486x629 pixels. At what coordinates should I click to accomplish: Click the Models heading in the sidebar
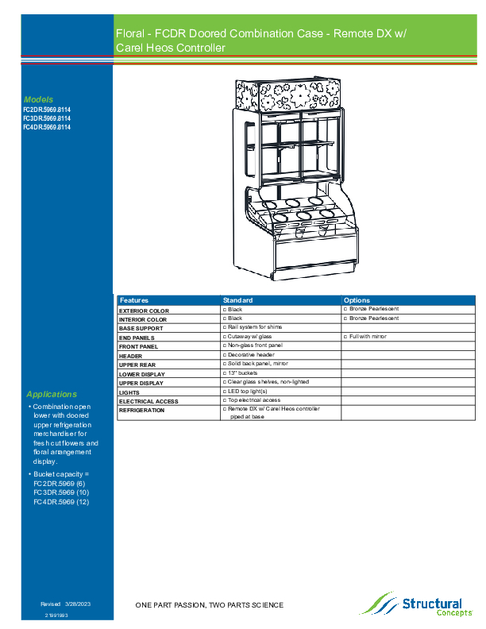click(x=38, y=99)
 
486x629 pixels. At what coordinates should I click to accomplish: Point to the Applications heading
click(x=52, y=394)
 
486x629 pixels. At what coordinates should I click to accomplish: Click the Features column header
click(x=134, y=300)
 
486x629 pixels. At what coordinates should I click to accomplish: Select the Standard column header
click(x=238, y=300)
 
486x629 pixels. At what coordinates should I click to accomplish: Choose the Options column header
click(x=357, y=300)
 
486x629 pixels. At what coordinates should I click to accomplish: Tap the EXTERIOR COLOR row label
click(x=144, y=311)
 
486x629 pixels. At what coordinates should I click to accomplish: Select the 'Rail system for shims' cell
click(x=254, y=327)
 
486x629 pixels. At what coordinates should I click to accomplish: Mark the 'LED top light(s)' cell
click(x=247, y=391)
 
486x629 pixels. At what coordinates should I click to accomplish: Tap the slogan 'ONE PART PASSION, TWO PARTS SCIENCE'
click(x=209, y=605)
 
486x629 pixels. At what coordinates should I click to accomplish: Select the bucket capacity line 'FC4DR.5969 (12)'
click(x=61, y=502)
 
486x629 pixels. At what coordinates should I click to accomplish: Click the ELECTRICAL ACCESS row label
click(x=148, y=401)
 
